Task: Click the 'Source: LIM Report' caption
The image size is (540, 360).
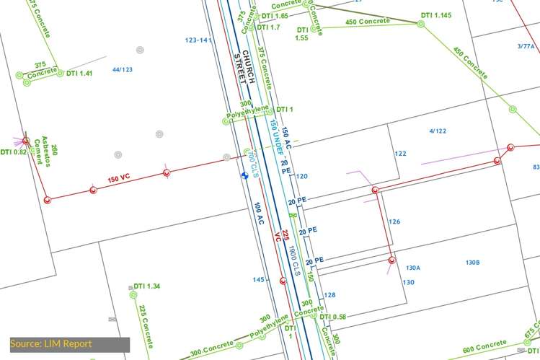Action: pos(51,344)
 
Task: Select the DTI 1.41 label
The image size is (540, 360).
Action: pos(80,74)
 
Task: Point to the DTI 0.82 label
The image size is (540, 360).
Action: pos(13,152)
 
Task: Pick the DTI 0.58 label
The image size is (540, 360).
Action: pos(333,317)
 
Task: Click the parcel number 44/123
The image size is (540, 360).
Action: pos(123,70)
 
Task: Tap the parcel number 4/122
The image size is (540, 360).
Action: pos(438,131)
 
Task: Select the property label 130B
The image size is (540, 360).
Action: pos(473,262)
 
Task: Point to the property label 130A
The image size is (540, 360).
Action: pos(413,268)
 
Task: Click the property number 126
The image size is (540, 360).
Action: pos(394,221)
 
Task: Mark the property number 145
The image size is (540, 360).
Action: pos(259,280)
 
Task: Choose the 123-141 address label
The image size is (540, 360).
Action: pos(198,40)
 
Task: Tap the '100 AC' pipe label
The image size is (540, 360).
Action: pos(260,217)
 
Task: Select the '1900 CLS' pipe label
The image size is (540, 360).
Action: pos(294,260)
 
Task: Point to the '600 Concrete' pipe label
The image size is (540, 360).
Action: pos(484,346)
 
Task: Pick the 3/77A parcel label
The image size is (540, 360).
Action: pos(526,46)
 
